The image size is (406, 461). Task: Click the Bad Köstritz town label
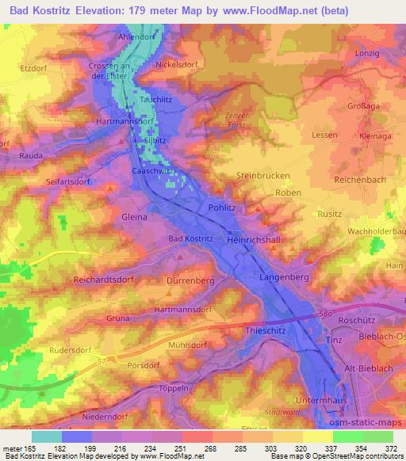pyautogui.click(x=190, y=238)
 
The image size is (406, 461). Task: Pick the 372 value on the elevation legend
pyautogui.click(x=392, y=449)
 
